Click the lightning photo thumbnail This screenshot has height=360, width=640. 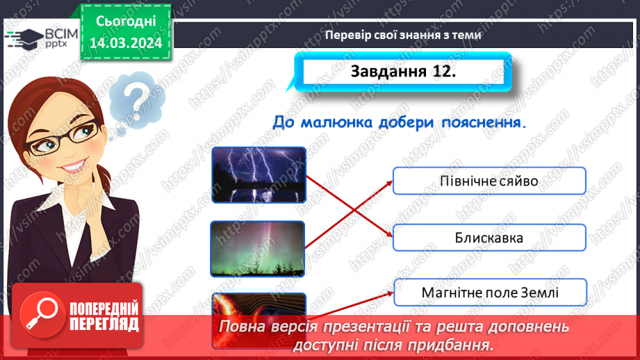pos(259,174)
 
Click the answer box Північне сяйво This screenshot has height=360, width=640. pos(489,181)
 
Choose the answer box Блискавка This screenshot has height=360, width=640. pos(489,238)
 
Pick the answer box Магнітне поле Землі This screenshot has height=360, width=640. pos(489,293)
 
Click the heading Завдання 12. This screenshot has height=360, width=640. pos(403,72)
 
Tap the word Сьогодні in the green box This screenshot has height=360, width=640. pos(126,23)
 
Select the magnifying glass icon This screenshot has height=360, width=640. pos(39,313)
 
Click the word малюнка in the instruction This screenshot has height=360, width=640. pos(336,122)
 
